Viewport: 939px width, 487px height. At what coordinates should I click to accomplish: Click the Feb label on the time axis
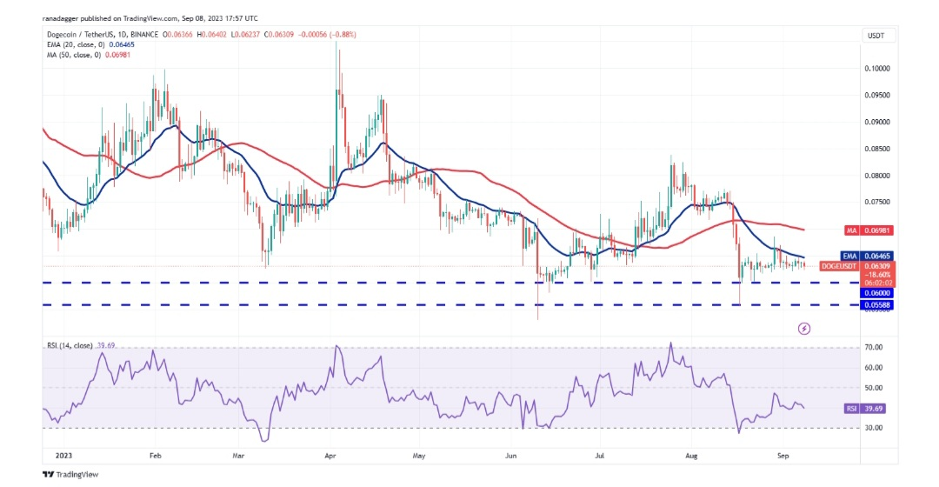155,455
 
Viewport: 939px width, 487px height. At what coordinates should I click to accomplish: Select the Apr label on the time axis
330,455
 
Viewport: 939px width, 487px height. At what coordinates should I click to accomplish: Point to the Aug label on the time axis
691,455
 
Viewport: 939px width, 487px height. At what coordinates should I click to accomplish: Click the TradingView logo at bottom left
71,475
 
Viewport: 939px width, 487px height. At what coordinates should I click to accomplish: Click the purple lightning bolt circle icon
804,329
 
